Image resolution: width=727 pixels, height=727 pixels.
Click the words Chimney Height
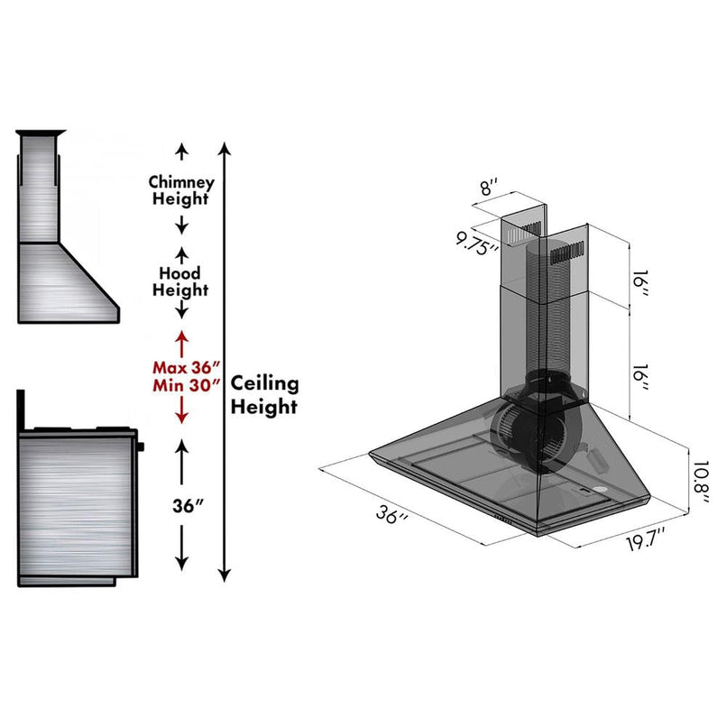point(181,189)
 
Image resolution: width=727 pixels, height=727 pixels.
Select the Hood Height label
point(181,281)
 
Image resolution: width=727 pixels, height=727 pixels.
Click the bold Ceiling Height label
point(263,394)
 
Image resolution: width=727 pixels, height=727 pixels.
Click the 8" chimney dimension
point(488,189)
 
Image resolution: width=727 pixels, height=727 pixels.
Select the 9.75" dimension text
point(477,242)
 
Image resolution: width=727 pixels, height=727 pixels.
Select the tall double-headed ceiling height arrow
point(225,361)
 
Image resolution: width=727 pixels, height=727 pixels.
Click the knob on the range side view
point(142,446)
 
